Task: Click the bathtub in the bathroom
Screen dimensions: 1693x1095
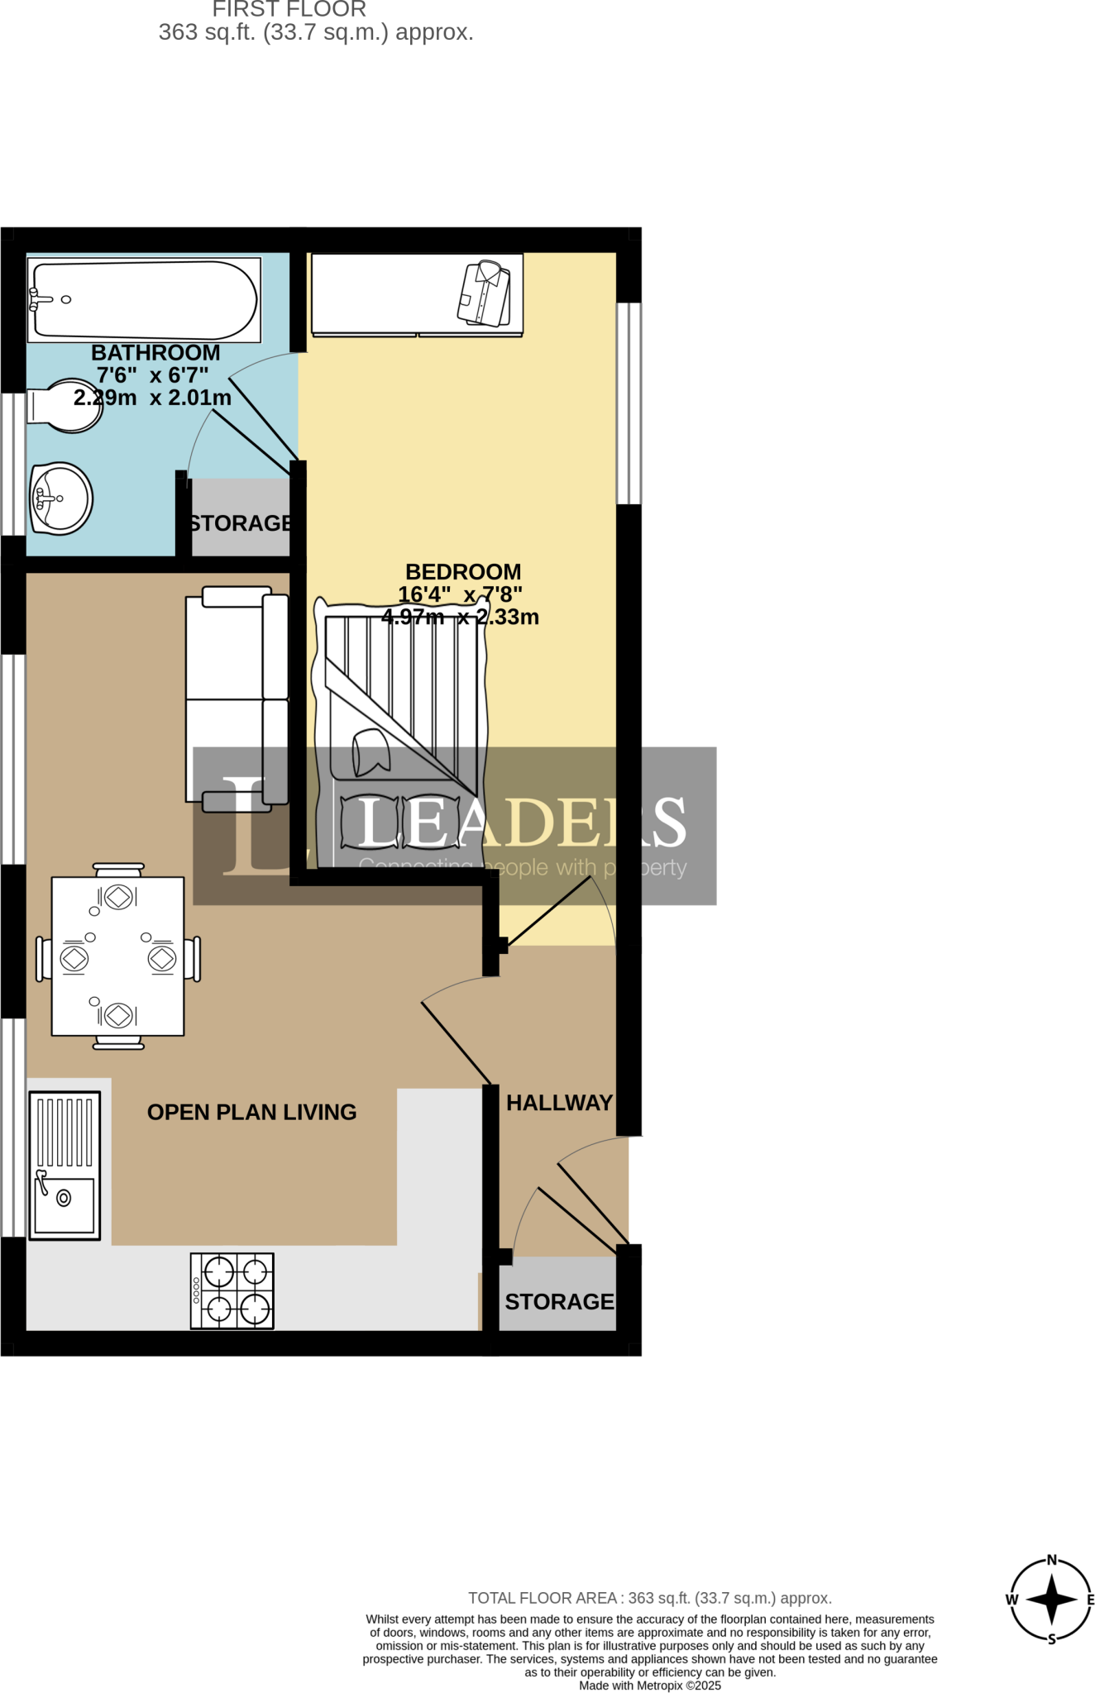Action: [145, 300]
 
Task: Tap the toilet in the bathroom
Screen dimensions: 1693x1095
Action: [66, 406]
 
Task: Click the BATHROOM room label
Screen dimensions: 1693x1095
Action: [155, 353]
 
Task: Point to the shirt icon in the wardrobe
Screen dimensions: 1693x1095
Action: [484, 293]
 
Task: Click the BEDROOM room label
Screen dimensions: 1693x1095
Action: [463, 572]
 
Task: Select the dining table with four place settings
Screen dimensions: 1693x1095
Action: [117, 956]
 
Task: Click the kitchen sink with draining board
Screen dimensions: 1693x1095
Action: [65, 1165]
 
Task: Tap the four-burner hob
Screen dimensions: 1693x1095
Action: [232, 1290]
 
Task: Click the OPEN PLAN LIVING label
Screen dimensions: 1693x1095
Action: [251, 1112]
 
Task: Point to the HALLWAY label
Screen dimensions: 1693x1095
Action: [559, 1103]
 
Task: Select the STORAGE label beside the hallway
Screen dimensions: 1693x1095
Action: [559, 1302]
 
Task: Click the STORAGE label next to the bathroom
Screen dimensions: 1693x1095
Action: [240, 523]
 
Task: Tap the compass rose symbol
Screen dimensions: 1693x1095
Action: [1051, 1599]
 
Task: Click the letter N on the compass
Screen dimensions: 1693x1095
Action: [1052, 1561]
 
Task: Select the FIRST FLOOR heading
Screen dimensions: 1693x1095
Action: [289, 10]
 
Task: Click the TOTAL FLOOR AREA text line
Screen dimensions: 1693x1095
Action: [649, 1598]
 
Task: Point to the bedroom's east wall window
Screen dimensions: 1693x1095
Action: [629, 403]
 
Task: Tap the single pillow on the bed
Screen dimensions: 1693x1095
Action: [370, 752]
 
